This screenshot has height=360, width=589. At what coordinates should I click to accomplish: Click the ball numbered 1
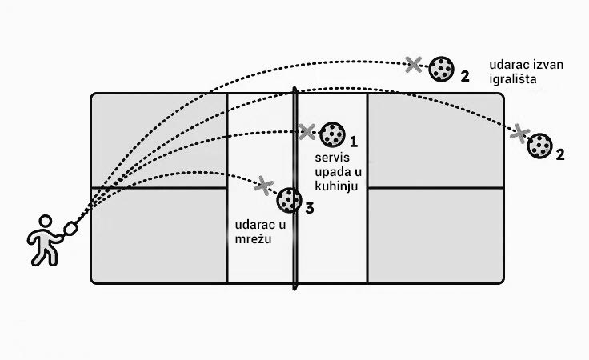tap(332, 134)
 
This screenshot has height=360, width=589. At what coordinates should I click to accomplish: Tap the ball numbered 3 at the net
tap(289, 200)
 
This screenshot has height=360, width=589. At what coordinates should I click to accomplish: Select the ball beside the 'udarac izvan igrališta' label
tap(442, 69)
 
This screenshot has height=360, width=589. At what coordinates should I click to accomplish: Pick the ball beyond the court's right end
tap(539, 146)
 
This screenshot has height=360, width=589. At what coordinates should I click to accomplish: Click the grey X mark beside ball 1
tap(307, 132)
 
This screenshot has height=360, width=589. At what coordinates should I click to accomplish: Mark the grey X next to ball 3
tap(264, 186)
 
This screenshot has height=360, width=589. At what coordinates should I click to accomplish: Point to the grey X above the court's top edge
tap(414, 64)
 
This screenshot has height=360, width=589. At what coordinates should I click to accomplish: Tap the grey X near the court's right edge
tap(519, 134)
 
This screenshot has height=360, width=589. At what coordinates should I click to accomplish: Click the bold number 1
tap(354, 142)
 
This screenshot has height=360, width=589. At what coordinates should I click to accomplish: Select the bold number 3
tap(309, 208)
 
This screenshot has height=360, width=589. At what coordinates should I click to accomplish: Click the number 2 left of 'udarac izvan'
tap(465, 77)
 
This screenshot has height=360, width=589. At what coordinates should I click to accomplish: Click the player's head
tap(45, 221)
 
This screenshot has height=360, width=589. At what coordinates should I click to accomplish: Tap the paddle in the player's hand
tap(70, 229)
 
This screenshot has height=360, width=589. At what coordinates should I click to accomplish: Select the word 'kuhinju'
tap(336, 186)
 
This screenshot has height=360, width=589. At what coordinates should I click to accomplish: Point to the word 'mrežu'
tap(253, 238)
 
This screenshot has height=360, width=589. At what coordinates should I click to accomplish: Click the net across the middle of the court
tap(294, 189)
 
